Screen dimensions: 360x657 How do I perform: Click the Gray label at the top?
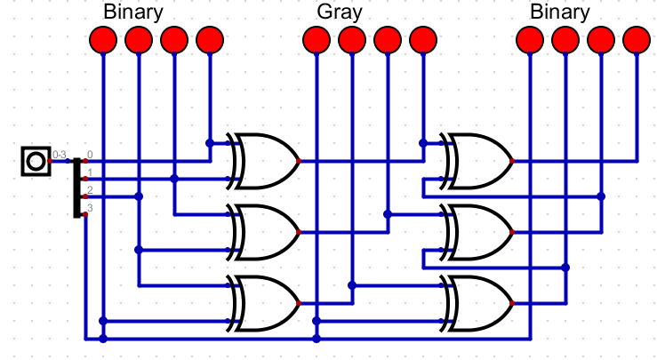point(339,12)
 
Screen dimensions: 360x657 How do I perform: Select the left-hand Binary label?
point(133,12)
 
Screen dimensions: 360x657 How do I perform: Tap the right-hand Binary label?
point(560,12)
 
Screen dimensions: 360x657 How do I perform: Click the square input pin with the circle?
point(36,161)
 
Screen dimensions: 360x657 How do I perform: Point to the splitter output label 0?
point(89,156)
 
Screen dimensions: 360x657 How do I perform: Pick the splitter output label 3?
point(89,207)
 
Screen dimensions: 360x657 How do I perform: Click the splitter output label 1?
point(89,172)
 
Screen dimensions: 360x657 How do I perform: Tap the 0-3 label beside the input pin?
point(60,156)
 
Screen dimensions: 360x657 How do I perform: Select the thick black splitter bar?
point(77,187)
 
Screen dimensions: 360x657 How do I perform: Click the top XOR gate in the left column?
point(265,161)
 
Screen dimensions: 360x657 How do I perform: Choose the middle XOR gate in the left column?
point(265,232)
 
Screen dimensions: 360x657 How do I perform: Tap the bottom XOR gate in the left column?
point(265,302)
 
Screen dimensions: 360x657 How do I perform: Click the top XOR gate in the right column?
point(478,161)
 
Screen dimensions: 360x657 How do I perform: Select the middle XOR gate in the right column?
point(478,232)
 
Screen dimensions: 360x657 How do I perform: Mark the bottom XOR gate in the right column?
point(478,302)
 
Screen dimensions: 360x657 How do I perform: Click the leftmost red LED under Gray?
point(316,40)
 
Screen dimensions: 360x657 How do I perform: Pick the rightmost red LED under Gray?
point(423,40)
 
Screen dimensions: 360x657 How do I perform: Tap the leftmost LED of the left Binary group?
point(103,40)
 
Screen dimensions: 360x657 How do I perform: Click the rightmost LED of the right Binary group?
point(637,40)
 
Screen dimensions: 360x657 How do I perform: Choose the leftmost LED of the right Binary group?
point(530,40)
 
